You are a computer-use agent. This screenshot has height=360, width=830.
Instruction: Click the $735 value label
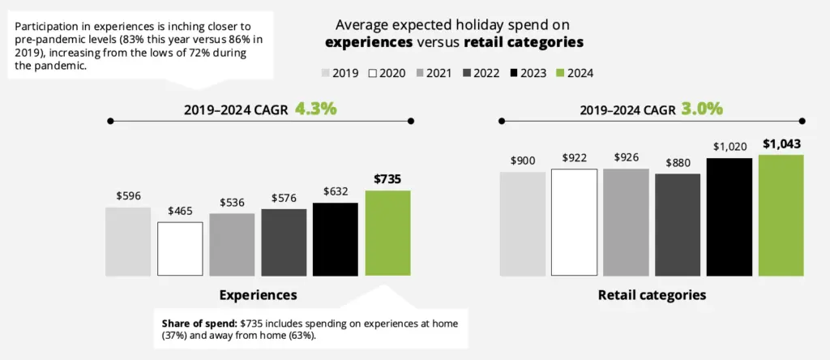387,179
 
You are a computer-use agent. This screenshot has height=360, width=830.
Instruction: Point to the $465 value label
180,211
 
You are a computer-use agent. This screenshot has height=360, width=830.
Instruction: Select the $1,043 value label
781,144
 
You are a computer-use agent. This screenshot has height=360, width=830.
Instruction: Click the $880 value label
678,161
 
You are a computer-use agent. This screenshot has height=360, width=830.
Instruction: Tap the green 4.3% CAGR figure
315,108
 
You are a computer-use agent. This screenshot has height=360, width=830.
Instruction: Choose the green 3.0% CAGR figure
702,108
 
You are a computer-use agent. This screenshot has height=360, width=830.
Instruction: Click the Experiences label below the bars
257,294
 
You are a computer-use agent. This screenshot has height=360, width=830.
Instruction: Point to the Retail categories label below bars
652,294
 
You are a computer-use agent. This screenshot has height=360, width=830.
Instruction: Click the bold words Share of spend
199,324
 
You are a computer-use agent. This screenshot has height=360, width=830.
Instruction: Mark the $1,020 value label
729,146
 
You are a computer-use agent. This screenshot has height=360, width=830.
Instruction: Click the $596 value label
128,195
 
